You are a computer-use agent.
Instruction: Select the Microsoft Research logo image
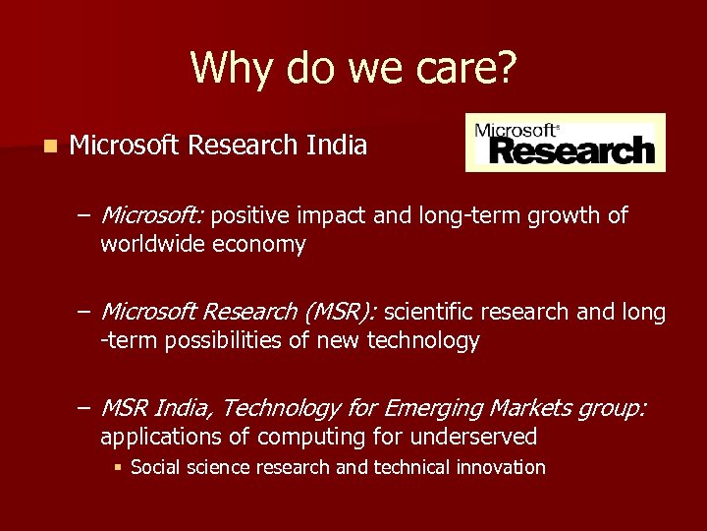[x=565, y=143]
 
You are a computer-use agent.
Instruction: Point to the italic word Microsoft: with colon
[x=152, y=215]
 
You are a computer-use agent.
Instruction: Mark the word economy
[x=259, y=244]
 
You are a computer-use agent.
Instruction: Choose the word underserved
[x=475, y=437]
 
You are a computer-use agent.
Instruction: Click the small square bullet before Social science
[x=118, y=468]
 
